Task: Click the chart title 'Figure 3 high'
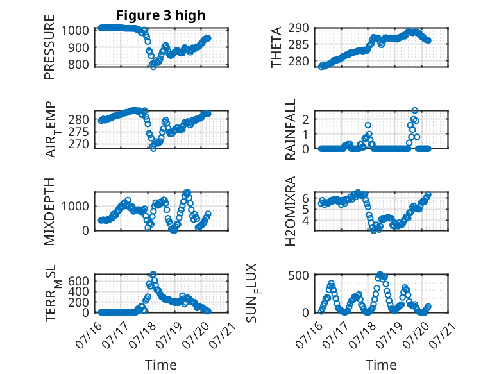click(x=161, y=15)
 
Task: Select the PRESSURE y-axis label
click(x=49, y=47)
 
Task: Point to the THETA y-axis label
click(x=276, y=47)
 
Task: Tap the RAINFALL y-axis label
click(x=291, y=130)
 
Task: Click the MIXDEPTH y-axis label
click(x=49, y=211)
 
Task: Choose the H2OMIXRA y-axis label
click(x=291, y=211)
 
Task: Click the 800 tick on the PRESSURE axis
click(x=79, y=64)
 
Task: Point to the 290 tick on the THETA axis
click(x=298, y=28)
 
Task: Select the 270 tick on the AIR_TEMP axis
click(x=79, y=144)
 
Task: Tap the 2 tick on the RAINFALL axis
click(x=305, y=119)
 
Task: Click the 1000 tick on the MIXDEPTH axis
click(x=75, y=206)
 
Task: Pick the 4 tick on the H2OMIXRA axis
click(x=305, y=220)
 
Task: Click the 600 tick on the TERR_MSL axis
click(x=79, y=281)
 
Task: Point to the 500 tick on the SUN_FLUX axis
click(x=298, y=275)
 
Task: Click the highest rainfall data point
click(x=414, y=110)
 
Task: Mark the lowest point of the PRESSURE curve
click(x=153, y=67)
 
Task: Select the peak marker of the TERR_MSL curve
click(x=153, y=274)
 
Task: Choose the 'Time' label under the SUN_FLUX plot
click(x=381, y=364)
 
